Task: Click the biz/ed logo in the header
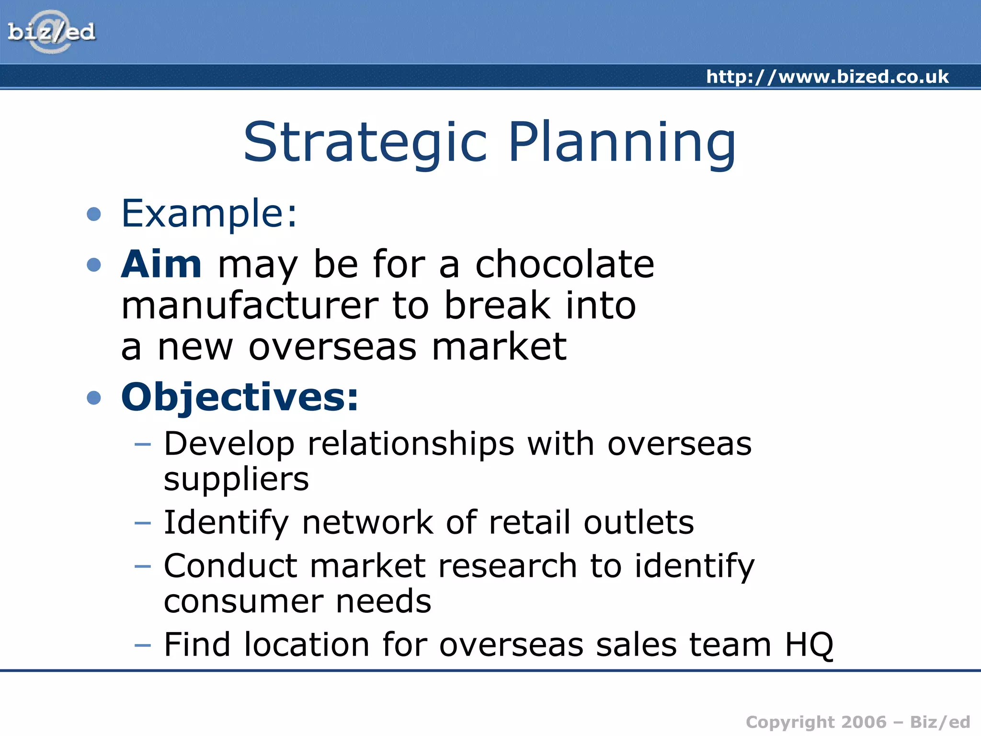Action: pyautogui.click(x=51, y=32)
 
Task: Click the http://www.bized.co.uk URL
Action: pyautogui.click(x=827, y=77)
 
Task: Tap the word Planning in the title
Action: pyautogui.click(x=622, y=143)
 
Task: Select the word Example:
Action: pyautogui.click(x=209, y=213)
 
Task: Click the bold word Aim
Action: pyautogui.click(x=161, y=264)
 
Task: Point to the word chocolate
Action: pyautogui.click(x=564, y=264)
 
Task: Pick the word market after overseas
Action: pyautogui.click(x=499, y=347)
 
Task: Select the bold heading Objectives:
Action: pyautogui.click(x=240, y=397)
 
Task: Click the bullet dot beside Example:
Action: pyautogui.click(x=94, y=214)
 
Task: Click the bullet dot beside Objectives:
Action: pyautogui.click(x=94, y=398)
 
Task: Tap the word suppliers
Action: pyautogui.click(x=236, y=479)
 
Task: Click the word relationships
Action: pyautogui.click(x=411, y=444)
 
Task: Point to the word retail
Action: pyautogui.click(x=529, y=522)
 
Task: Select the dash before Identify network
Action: pyautogui.click(x=143, y=523)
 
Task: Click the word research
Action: pyautogui.click(x=507, y=566)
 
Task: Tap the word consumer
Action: pyautogui.click(x=243, y=601)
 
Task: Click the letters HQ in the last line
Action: pyautogui.click(x=809, y=645)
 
